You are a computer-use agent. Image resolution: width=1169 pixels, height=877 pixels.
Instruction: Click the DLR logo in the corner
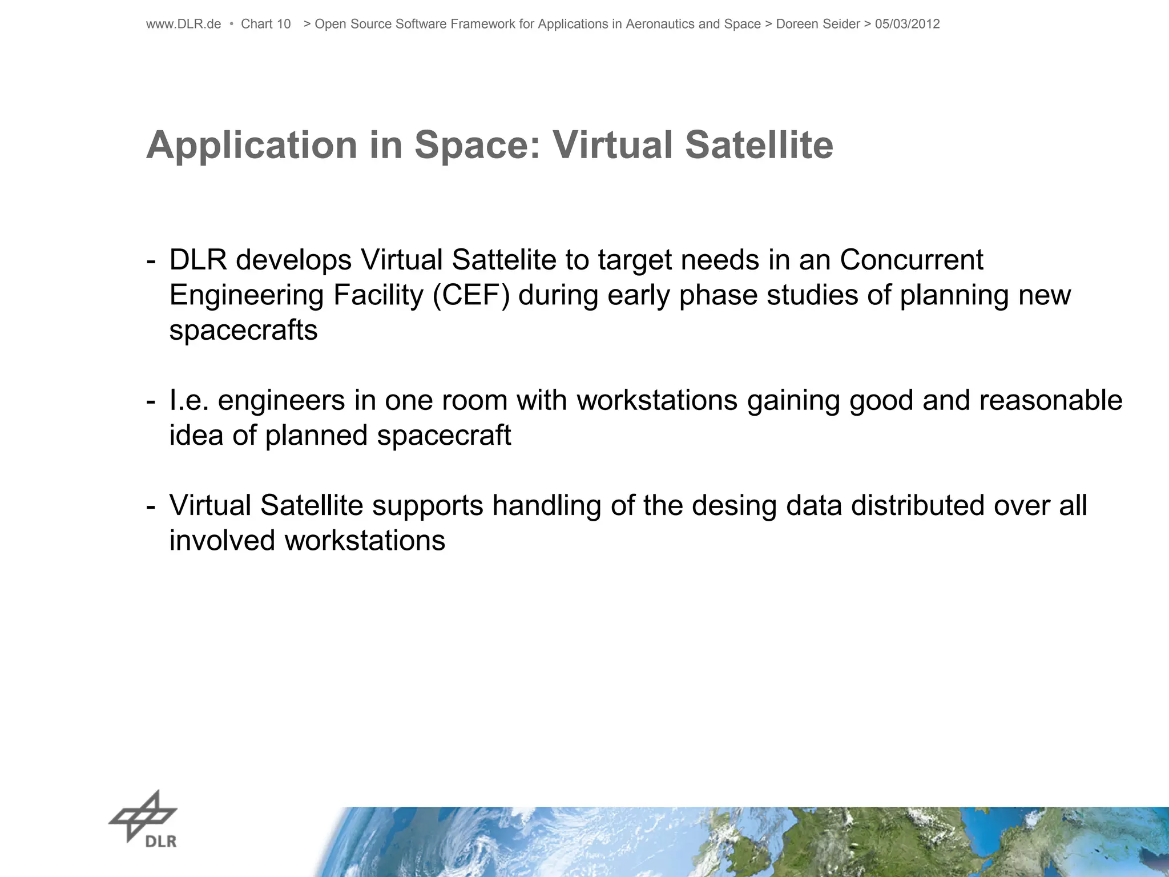point(143,819)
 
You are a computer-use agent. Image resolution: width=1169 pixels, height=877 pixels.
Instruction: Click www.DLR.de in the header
point(183,24)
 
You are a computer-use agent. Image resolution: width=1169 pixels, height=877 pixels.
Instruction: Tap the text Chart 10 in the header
point(265,24)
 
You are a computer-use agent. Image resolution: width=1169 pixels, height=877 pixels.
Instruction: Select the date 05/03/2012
point(907,24)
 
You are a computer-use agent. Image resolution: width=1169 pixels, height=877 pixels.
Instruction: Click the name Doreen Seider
point(817,24)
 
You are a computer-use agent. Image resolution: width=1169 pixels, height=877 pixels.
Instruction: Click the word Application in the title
point(252,146)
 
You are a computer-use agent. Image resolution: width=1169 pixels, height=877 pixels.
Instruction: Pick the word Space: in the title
point(477,146)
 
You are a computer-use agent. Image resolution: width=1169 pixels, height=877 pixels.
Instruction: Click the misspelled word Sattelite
point(503,260)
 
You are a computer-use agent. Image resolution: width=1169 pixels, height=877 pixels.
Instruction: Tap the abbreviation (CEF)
point(471,296)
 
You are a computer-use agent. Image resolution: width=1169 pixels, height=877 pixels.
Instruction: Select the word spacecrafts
point(243,331)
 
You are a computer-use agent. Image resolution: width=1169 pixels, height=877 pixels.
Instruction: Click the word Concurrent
point(911,260)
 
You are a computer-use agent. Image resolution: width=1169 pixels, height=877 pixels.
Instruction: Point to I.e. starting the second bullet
point(189,400)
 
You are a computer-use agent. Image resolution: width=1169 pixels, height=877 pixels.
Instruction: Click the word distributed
point(917,506)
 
